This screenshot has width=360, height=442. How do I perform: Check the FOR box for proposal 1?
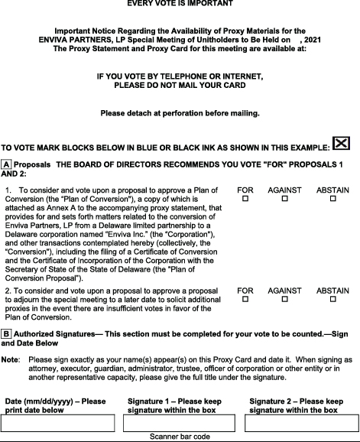[245, 199]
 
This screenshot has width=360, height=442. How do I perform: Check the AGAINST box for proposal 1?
[284, 199]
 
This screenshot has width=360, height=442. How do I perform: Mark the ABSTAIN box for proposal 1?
[332, 199]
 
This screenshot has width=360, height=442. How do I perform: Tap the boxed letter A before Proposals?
[6, 164]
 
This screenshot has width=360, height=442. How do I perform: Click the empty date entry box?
[59, 423]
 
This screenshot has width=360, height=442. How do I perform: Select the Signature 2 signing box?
[300, 423]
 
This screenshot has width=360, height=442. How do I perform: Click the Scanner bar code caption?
[180, 437]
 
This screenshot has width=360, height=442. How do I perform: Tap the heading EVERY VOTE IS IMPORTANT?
[180, 3]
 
